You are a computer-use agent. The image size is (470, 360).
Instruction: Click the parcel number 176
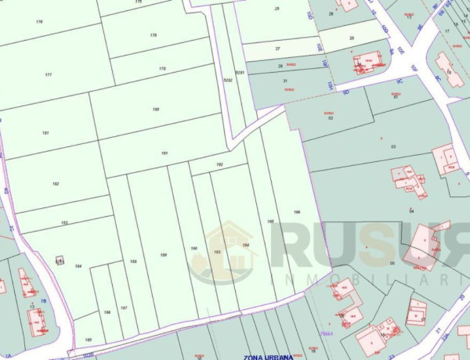click(39, 21)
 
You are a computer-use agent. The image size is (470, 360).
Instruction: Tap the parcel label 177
click(49, 74)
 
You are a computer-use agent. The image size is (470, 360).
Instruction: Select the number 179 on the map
click(154, 36)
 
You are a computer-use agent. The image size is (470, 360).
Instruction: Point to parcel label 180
click(156, 109)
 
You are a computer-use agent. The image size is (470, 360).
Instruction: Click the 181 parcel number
click(45, 133)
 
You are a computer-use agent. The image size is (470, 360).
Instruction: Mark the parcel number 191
click(164, 153)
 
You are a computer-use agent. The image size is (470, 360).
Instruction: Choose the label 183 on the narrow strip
click(64, 223)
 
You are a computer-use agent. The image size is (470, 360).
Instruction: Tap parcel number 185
click(89, 339)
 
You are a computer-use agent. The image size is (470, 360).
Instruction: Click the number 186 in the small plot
click(107, 311)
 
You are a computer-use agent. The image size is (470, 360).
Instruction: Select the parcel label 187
click(124, 308)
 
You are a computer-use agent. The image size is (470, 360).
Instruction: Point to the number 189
click(164, 256)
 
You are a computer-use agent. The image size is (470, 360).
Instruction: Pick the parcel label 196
click(297, 212)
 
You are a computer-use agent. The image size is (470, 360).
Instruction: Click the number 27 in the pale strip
click(277, 49)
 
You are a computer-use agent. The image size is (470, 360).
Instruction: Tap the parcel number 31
click(285, 81)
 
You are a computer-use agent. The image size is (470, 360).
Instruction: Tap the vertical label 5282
click(226, 80)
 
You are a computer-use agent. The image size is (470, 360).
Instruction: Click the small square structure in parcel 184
click(59, 260)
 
